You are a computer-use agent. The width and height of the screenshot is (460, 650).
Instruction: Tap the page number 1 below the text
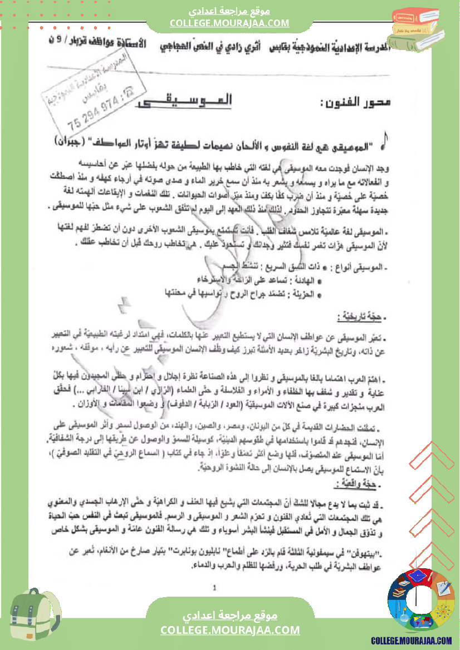pyautogui.click(x=215, y=587)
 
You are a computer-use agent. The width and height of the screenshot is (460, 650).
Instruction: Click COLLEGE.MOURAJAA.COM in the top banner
pyautogui.click(x=229, y=23)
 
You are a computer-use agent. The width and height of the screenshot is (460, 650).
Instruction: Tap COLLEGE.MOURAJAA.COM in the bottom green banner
pyautogui.click(x=230, y=630)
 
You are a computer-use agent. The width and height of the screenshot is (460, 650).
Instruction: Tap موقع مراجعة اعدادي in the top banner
pyautogui.click(x=229, y=11)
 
